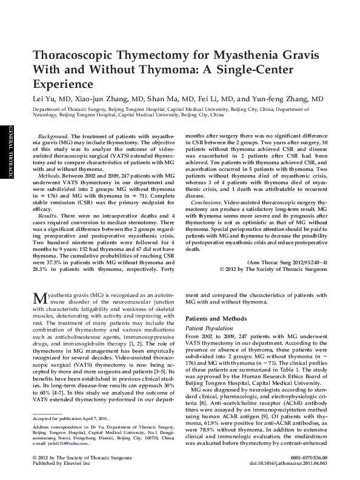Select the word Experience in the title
(62, 83)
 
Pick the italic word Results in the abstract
(48, 216)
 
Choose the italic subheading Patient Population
(209, 327)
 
